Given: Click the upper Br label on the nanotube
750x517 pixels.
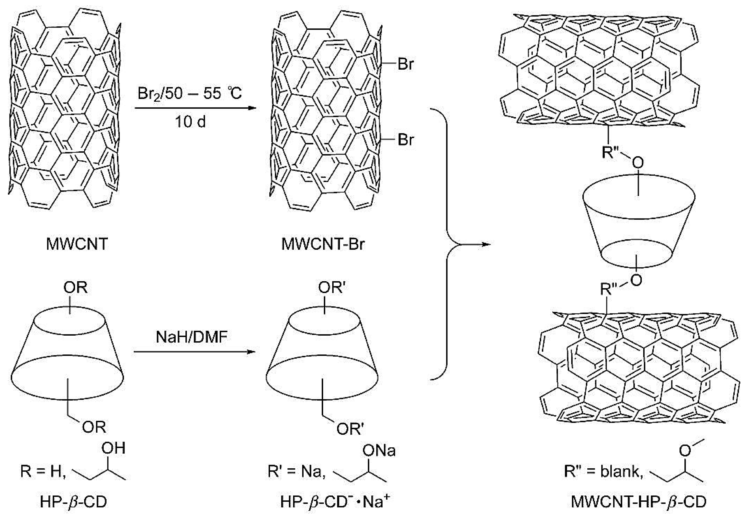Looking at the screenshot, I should (406, 65).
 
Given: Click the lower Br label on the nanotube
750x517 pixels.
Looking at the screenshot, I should (406, 140).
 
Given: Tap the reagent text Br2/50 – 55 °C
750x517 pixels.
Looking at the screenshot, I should (190, 94).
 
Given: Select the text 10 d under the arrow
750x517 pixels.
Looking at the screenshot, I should (190, 122).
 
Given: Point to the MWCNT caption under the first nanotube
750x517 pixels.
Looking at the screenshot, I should (77, 244).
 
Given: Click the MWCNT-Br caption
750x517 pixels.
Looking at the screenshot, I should (323, 244).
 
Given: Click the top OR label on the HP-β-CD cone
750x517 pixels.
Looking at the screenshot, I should (76, 287).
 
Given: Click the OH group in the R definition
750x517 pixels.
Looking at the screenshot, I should (114, 448).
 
